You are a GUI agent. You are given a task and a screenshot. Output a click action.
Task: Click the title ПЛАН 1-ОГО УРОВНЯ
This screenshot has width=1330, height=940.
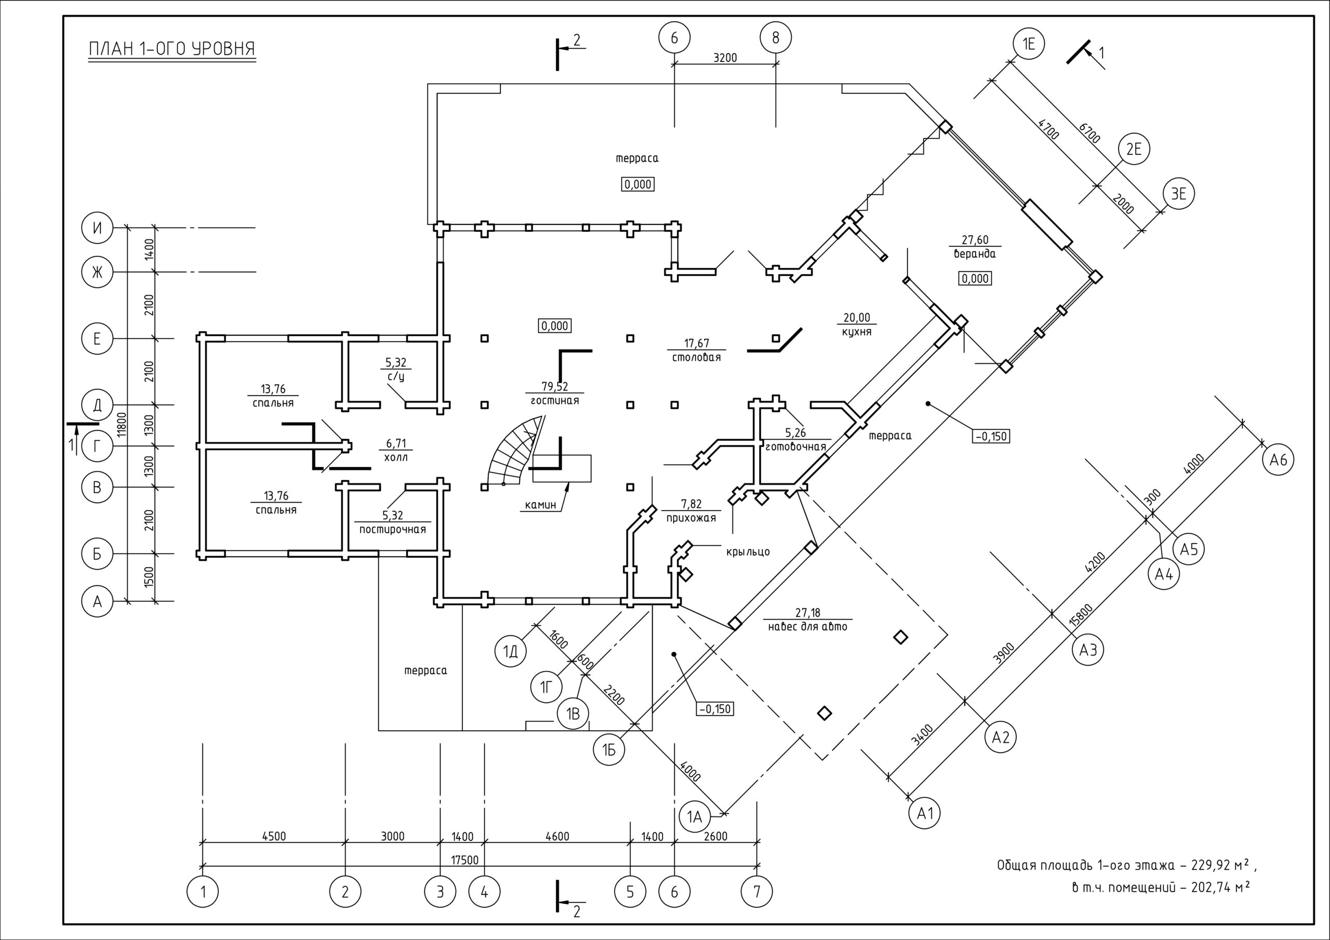171,49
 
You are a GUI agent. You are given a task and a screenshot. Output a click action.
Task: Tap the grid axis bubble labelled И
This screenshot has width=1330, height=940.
97,228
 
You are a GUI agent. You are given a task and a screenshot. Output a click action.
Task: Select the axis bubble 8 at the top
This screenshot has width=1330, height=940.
776,38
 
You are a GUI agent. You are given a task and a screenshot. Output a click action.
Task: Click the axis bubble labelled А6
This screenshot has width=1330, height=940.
1278,460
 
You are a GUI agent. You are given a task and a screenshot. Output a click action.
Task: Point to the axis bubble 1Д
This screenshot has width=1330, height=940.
510,652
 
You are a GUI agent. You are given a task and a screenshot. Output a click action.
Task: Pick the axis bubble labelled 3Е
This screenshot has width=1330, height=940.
1179,193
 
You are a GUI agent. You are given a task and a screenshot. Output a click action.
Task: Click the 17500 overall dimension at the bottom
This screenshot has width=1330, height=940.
464,860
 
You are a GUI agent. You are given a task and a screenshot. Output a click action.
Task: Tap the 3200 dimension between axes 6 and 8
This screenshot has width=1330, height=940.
725,58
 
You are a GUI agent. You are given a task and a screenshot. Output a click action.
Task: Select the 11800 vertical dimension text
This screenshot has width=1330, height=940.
121,424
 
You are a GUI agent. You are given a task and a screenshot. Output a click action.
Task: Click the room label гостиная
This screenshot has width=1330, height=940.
554,401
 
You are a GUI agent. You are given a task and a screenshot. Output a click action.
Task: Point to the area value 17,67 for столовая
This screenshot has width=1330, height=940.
696,343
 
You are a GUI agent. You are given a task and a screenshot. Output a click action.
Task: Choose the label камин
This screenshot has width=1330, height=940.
540,504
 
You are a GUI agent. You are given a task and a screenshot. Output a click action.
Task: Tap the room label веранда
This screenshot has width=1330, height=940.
976,253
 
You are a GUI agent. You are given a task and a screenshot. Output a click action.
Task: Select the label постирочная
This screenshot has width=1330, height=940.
392,529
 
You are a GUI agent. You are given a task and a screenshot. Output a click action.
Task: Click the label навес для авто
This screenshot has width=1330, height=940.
807,627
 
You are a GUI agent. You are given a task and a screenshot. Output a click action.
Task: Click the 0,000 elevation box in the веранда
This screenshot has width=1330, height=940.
976,278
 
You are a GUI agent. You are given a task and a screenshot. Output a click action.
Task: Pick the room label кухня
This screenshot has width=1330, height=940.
857,332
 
